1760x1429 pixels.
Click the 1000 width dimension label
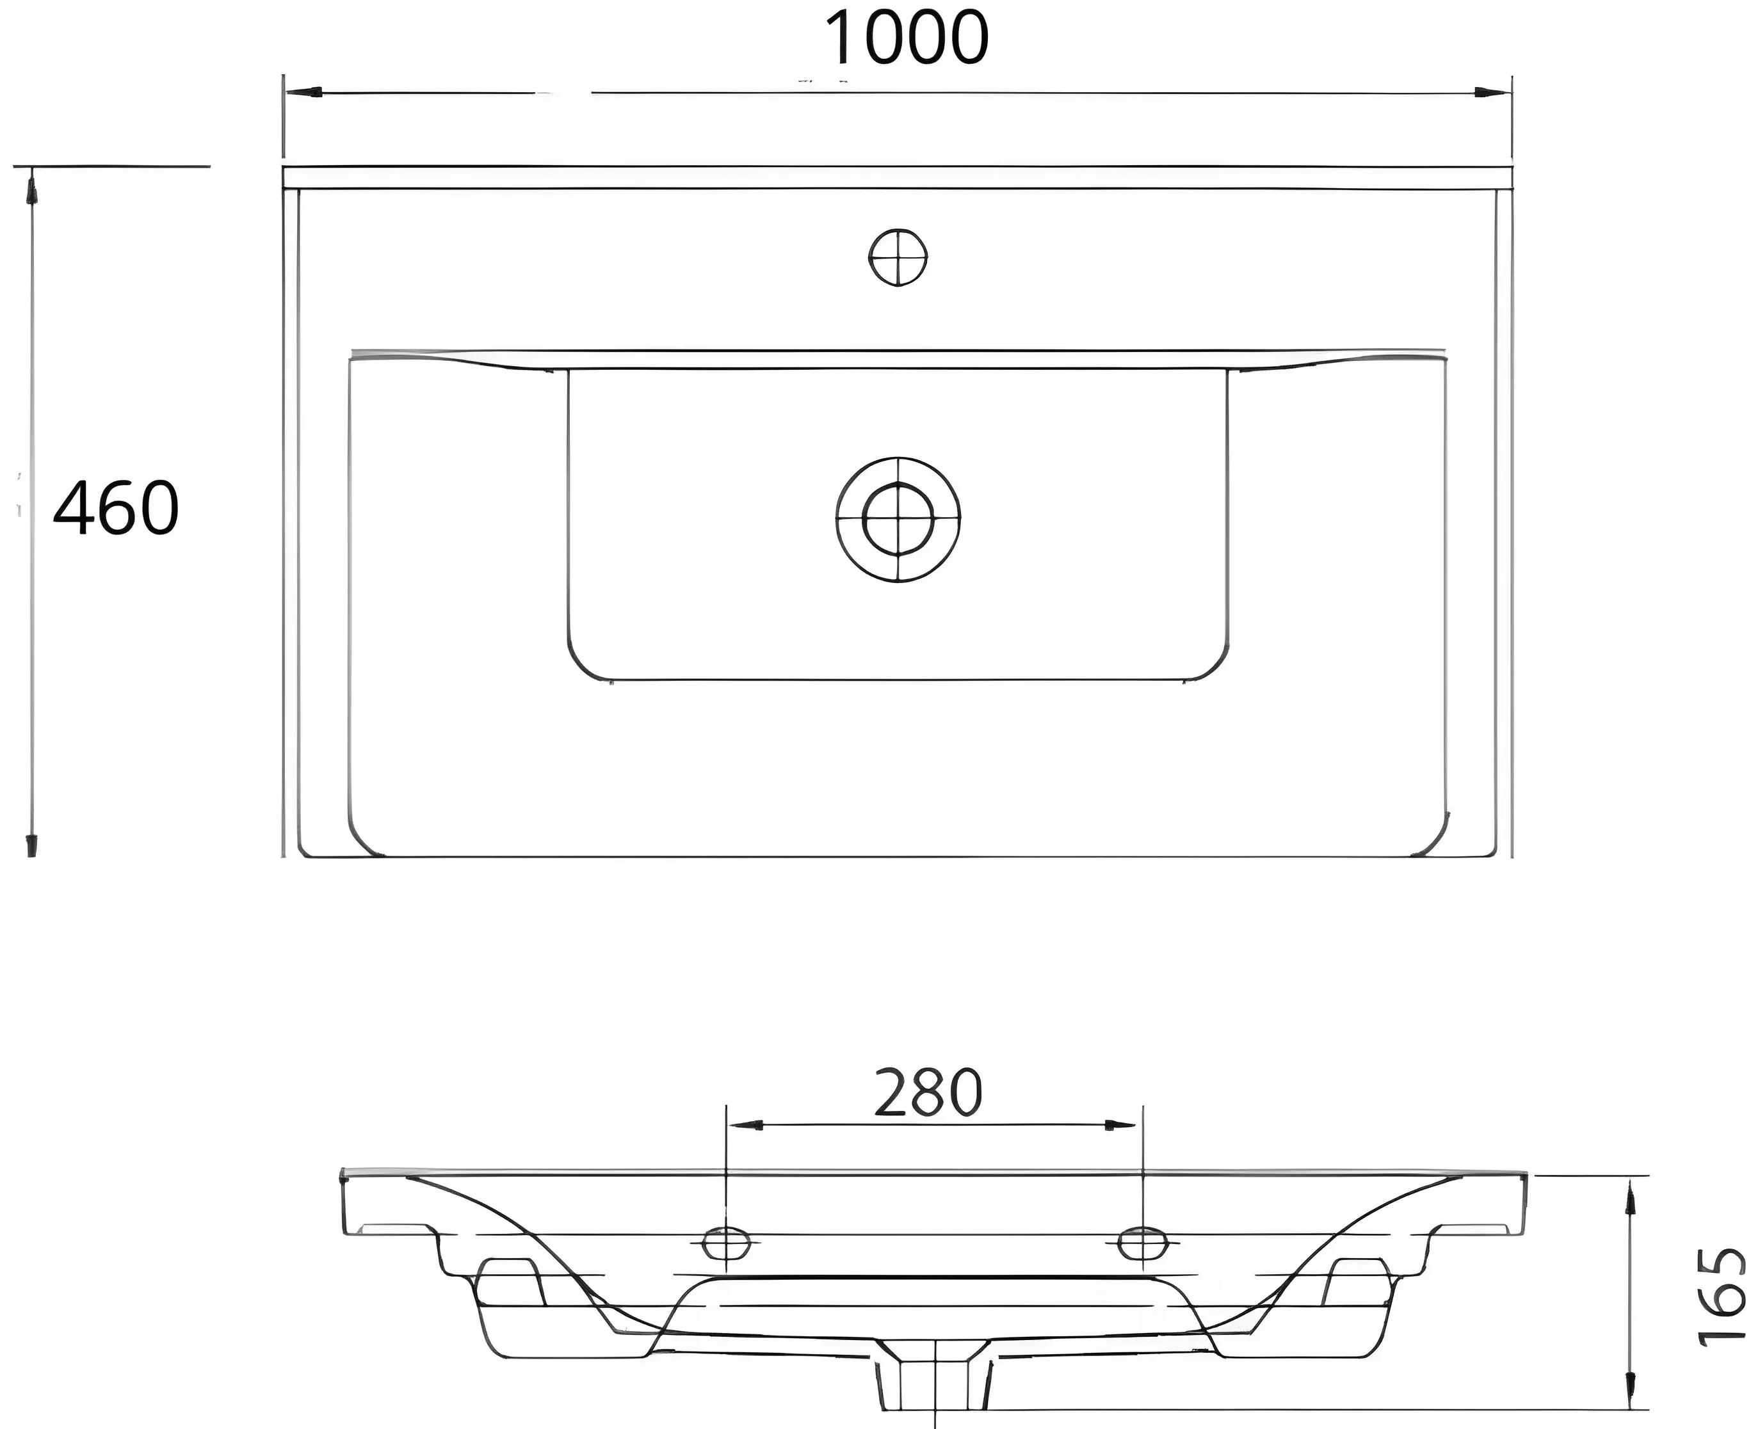[906, 38]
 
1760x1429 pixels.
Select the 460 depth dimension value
[116, 508]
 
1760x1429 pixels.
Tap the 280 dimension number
[928, 1092]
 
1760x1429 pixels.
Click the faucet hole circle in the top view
[898, 258]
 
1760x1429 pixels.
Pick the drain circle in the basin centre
[898, 520]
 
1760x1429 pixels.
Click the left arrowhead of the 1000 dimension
[302, 92]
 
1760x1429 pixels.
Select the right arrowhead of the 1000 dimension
[1492, 93]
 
